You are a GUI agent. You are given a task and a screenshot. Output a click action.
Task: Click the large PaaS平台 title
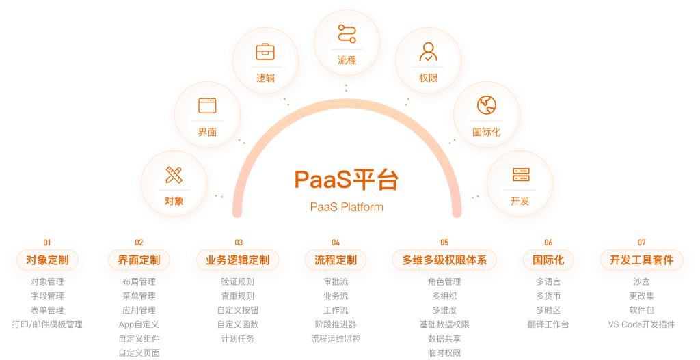click(347, 180)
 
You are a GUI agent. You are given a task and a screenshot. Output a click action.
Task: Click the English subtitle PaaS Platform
click(347, 207)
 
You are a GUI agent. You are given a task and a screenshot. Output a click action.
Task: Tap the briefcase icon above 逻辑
click(265, 52)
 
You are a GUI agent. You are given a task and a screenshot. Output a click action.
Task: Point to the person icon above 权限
click(428, 52)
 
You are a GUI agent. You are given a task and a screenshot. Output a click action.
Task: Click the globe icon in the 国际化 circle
click(486, 105)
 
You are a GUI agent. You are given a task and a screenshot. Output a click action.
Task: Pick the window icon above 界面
click(207, 105)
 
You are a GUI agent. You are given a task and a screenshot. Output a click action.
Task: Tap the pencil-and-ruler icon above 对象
click(174, 175)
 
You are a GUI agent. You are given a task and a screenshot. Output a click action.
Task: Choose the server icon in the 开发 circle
click(521, 175)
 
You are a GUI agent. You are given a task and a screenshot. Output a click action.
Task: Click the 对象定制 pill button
click(47, 260)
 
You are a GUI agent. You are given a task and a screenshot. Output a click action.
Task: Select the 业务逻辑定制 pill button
click(238, 260)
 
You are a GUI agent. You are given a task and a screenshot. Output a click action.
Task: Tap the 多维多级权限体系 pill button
click(444, 260)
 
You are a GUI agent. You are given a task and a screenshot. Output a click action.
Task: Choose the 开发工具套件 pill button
click(641, 260)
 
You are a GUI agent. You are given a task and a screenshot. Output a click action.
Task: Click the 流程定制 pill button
click(336, 260)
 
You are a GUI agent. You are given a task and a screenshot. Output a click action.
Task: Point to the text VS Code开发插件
click(641, 324)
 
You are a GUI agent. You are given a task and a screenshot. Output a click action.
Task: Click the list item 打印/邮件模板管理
click(47, 324)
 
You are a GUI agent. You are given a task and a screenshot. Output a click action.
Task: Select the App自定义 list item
click(139, 324)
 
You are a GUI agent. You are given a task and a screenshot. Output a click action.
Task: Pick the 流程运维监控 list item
click(336, 339)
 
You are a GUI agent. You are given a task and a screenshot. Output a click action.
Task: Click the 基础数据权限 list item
click(444, 324)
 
